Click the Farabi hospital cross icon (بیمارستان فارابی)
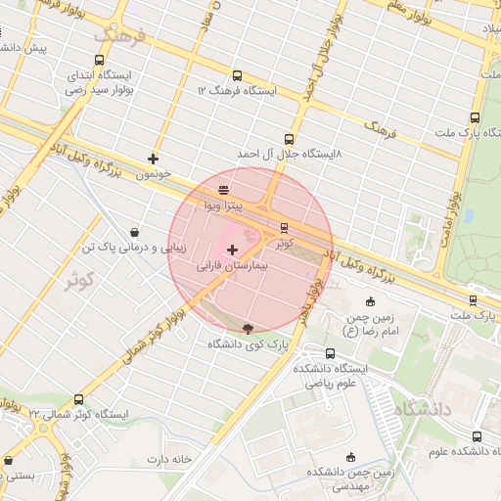(x=231, y=250)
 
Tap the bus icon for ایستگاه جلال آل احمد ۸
(x=288, y=139)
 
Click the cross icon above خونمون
(x=154, y=158)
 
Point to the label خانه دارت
(x=166, y=459)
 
